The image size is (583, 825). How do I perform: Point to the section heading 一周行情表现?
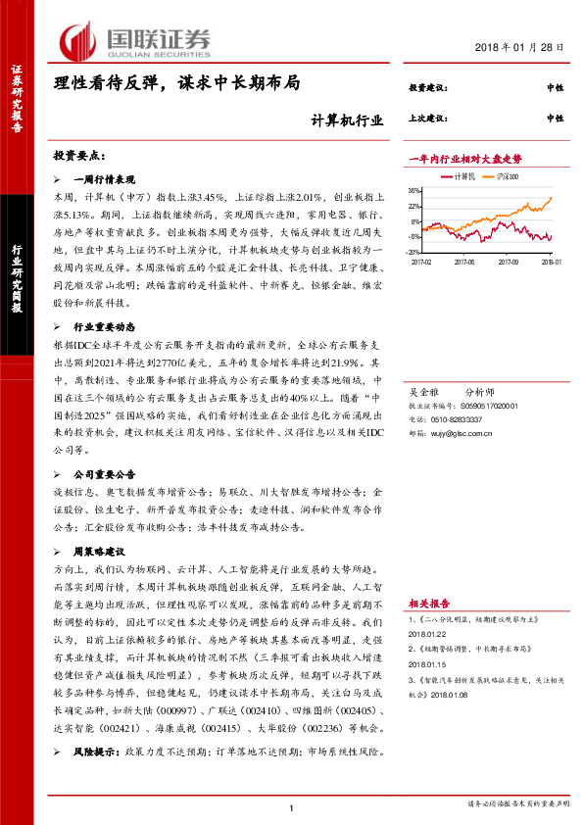(x=110, y=180)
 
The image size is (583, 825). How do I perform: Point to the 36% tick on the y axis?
(x=414, y=191)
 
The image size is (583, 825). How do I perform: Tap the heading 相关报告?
(x=429, y=605)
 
